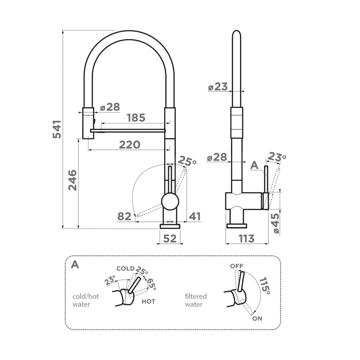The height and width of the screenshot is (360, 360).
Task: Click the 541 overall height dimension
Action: point(57,129)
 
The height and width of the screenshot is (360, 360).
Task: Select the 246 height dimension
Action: point(72,180)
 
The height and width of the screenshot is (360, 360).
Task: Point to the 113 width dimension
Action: point(246,239)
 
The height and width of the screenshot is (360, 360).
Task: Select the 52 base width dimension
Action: point(170,239)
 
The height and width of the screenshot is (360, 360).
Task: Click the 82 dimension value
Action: point(124,217)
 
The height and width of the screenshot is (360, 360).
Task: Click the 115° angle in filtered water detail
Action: point(265,286)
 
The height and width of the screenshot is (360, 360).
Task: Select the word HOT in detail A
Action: point(148,302)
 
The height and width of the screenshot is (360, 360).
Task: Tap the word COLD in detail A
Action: point(125,269)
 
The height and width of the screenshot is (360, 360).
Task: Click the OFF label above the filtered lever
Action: point(237,266)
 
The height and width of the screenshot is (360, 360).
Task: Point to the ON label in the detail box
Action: point(257,319)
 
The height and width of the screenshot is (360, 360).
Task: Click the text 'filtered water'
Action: point(196,300)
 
